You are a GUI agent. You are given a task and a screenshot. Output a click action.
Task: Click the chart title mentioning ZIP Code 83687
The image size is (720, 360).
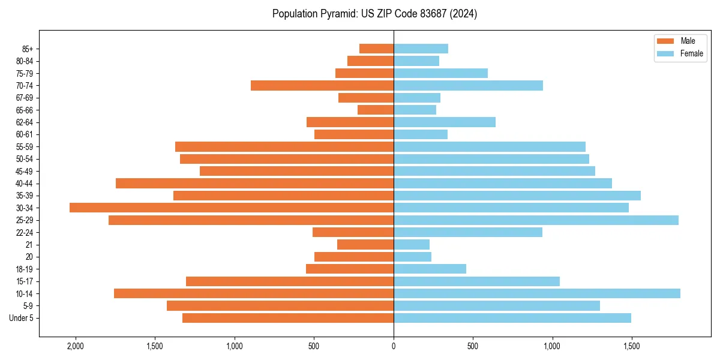(x=374, y=14)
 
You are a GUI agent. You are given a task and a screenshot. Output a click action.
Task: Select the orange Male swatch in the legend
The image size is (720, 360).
(x=665, y=41)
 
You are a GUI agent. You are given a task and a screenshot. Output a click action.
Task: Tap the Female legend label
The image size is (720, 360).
(x=692, y=53)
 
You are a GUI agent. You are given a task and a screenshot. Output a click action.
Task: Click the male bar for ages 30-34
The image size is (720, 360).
(x=232, y=208)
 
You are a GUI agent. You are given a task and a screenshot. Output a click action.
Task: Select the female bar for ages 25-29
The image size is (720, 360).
(x=536, y=220)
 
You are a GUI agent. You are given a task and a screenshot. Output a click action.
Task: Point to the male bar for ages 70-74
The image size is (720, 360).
(x=322, y=85)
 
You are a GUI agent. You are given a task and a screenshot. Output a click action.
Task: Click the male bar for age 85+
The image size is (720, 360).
(x=376, y=49)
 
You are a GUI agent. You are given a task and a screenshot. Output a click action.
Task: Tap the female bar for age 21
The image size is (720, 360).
(x=412, y=245)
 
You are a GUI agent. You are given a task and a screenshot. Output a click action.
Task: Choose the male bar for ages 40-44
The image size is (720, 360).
(x=254, y=183)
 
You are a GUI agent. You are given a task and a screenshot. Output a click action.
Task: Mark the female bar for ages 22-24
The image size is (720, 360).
(x=468, y=232)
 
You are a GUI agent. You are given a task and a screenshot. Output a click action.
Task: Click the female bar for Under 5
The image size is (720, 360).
(x=512, y=318)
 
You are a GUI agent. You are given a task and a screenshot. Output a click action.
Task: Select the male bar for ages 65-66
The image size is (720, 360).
(x=376, y=110)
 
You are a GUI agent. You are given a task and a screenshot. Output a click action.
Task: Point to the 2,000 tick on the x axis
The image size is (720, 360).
(x=76, y=346)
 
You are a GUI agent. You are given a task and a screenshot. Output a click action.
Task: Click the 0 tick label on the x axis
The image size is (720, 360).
(x=394, y=346)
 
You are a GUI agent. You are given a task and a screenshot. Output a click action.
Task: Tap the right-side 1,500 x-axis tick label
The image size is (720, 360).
(x=631, y=346)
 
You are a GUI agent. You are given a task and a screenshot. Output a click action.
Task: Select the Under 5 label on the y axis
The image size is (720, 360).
(x=22, y=318)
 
